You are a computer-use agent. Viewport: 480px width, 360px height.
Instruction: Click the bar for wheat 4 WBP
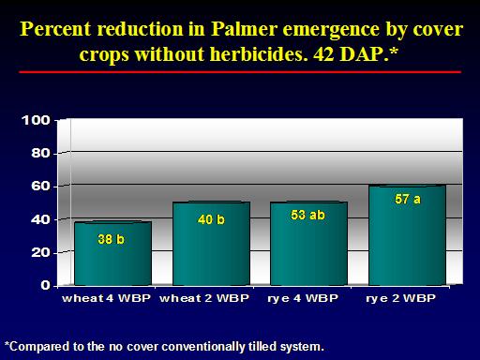(x=112, y=253)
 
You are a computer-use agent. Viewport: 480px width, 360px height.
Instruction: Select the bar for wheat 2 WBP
(x=212, y=244)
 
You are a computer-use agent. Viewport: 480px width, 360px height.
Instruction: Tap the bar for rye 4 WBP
(x=308, y=244)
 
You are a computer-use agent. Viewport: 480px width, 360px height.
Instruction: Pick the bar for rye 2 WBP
(x=407, y=235)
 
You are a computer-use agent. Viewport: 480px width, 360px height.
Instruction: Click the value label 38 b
(x=111, y=239)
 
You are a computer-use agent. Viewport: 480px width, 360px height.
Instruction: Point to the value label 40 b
(x=211, y=219)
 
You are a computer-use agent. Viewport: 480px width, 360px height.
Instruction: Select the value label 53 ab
(x=307, y=215)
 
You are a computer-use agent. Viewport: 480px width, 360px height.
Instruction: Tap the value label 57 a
(x=408, y=199)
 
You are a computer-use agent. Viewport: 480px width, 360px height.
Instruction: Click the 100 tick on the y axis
(x=36, y=120)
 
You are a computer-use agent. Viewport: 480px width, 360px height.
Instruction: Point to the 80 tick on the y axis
(x=40, y=154)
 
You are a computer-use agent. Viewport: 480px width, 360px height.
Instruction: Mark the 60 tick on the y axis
(x=40, y=187)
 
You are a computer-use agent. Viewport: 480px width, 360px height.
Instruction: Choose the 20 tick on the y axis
(x=40, y=252)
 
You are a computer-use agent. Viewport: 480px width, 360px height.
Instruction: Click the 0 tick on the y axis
(x=45, y=285)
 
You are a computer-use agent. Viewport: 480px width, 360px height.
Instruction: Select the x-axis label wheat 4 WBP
(x=107, y=298)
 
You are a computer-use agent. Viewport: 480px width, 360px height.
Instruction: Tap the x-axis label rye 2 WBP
(x=400, y=298)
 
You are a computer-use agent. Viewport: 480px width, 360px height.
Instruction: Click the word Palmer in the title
(x=245, y=29)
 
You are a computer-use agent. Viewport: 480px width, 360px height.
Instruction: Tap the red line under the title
(x=240, y=72)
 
